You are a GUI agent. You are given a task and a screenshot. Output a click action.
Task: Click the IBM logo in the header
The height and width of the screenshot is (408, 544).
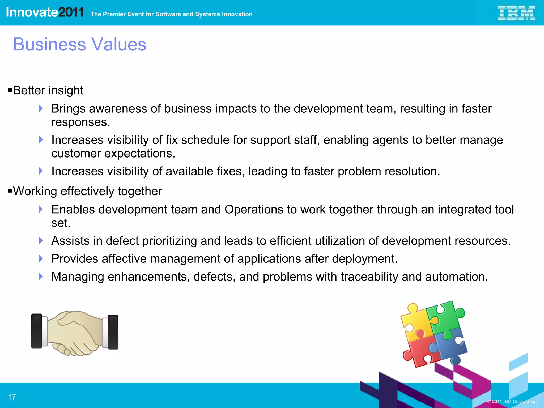pos(516,13)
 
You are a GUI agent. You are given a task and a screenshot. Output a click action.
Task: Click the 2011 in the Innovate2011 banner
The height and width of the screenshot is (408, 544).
pos(71,12)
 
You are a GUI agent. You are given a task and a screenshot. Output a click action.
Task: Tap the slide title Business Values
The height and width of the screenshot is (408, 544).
pos(80,44)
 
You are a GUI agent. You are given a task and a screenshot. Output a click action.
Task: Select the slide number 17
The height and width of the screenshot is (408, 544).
pos(12,397)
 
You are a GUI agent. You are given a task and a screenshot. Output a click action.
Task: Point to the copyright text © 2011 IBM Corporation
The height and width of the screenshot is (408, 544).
pos(512,401)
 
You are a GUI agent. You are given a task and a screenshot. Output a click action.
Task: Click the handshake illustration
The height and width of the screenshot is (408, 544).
pos(75,333)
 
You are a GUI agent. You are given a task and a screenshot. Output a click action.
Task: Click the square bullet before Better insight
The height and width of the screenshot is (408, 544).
pos(10,90)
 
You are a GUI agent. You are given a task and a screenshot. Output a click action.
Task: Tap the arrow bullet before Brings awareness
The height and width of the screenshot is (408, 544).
pos(41,108)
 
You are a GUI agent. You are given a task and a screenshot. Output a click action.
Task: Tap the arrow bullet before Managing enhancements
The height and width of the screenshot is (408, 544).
pos(41,276)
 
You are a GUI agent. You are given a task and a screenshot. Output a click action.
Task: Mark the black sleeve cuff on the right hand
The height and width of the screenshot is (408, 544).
pos(113,332)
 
